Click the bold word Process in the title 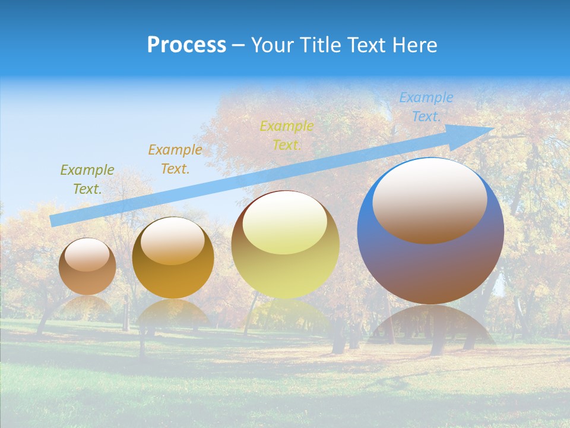point(186,45)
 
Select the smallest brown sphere point(87,267)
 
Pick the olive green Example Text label point(87,180)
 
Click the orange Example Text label point(175,159)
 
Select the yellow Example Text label point(287,136)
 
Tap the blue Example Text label point(426,107)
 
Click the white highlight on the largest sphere point(429,199)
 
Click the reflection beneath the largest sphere point(430,324)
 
